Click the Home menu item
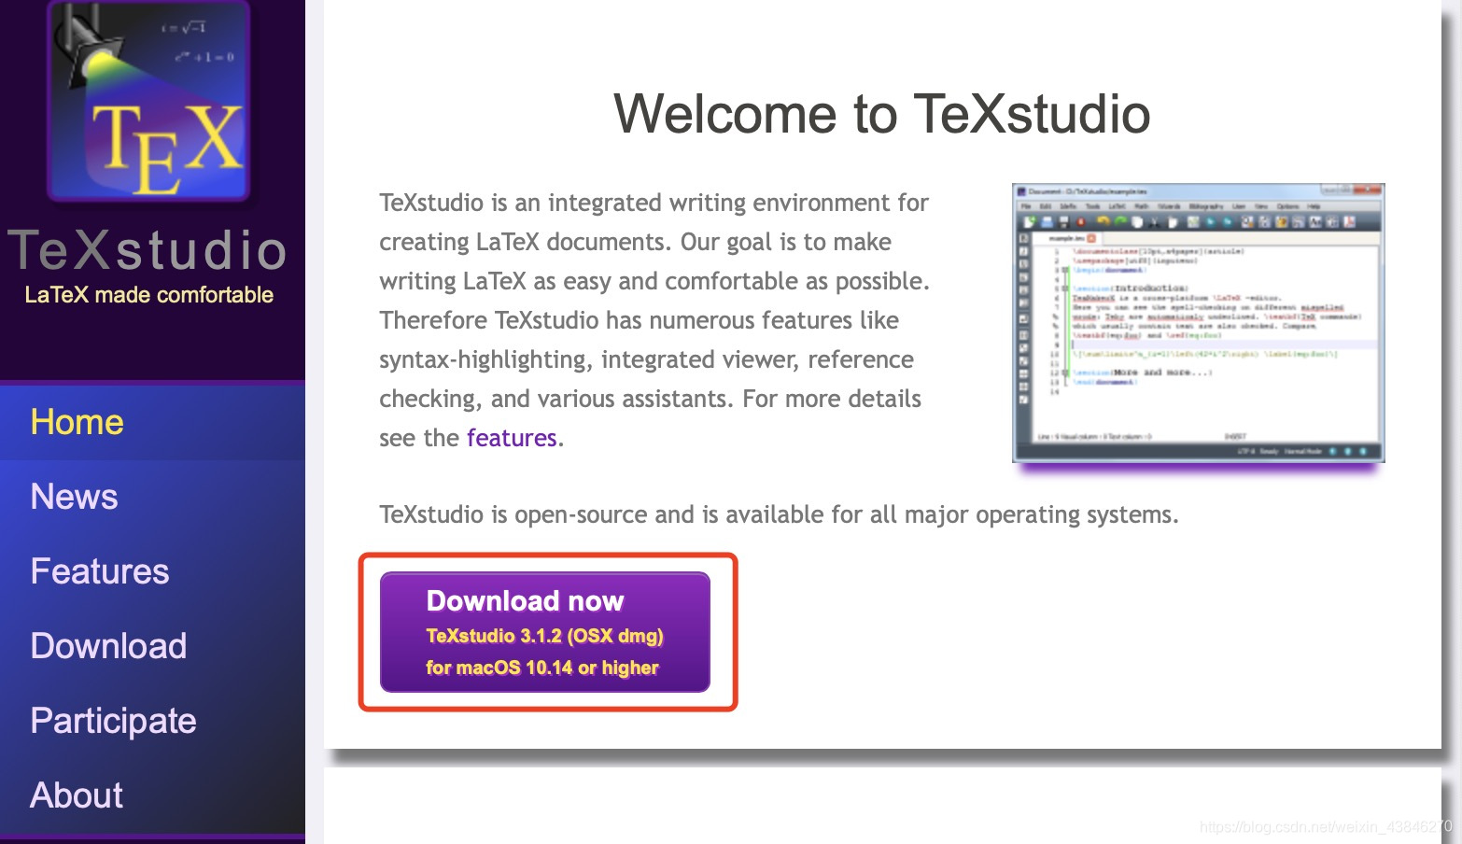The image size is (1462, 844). point(77,422)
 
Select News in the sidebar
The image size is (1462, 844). point(74,497)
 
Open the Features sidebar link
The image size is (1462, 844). point(99,571)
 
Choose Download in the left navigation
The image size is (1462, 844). point(108,646)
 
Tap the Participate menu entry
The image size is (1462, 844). point(113,721)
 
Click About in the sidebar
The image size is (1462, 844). point(77,795)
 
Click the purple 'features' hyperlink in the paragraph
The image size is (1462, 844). point(512,438)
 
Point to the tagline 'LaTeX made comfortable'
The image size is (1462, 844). point(149,295)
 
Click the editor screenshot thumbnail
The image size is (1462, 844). point(1198,322)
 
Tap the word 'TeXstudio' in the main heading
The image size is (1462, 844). point(1032,114)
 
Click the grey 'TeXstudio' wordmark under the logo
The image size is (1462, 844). point(148,250)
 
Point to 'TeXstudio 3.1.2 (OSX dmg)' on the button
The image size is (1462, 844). point(544,636)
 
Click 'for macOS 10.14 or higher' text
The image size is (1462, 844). point(542,668)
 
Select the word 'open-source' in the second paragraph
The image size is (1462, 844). point(604,514)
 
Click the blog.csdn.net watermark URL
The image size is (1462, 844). point(1325,826)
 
